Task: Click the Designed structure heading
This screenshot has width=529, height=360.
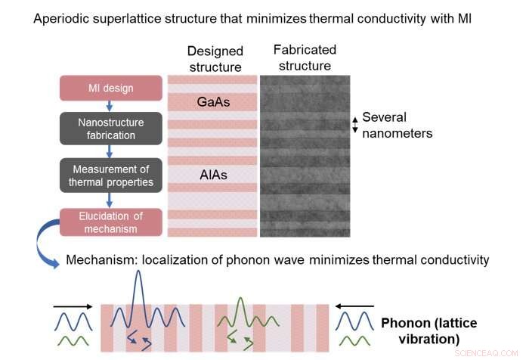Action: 215,58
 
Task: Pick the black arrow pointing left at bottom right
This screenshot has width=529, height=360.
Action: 352,306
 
